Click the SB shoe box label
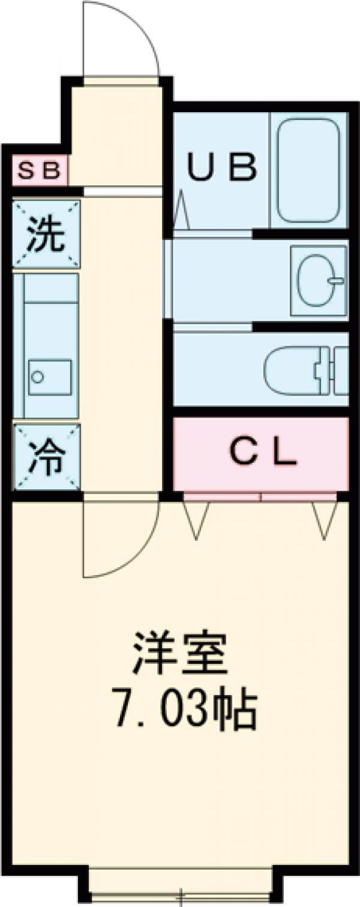pyautogui.click(x=39, y=172)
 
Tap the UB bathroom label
pyautogui.click(x=221, y=167)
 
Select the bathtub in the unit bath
pyautogui.click(x=310, y=170)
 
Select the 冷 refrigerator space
pyautogui.click(x=47, y=458)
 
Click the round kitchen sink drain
pyautogui.click(x=38, y=377)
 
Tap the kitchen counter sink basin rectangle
pyautogui.click(x=49, y=377)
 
